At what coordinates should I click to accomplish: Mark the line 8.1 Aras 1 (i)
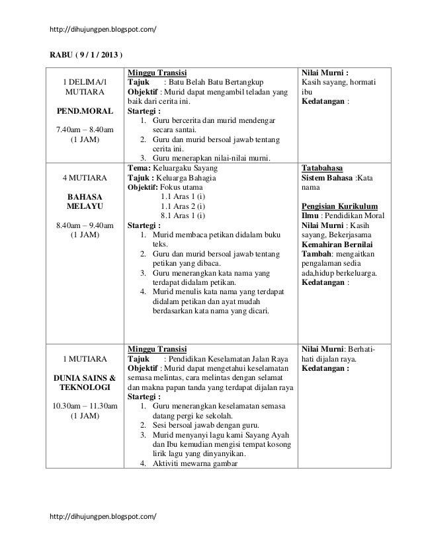click(x=183, y=215)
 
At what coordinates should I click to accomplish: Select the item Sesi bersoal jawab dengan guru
click(x=206, y=424)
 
